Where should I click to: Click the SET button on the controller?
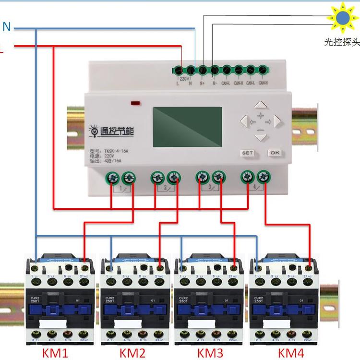click(x=247, y=153)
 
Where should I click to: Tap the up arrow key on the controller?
click(x=260, y=105)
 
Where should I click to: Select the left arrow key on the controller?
click(x=244, y=121)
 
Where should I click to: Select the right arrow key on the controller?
click(x=276, y=121)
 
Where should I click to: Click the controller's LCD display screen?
click(x=187, y=127)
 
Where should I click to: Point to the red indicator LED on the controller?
click(x=135, y=102)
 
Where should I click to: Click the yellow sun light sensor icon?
click(x=343, y=17)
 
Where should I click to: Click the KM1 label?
click(x=56, y=353)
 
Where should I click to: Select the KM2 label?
click(x=132, y=353)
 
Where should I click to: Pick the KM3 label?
click(x=210, y=353)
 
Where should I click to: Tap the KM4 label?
click(x=291, y=353)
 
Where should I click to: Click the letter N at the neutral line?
click(x=7, y=27)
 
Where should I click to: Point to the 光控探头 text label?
click(x=342, y=42)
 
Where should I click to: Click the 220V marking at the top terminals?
click(x=184, y=78)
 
